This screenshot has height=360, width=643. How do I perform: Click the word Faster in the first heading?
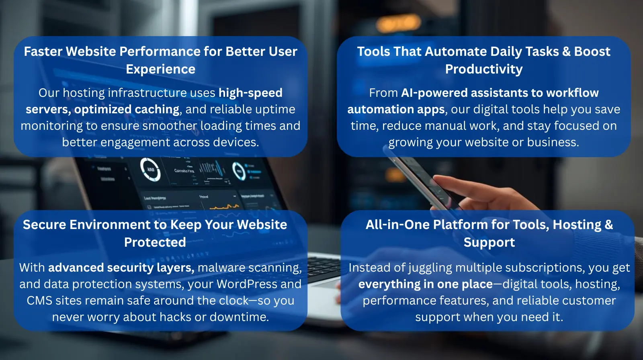(43, 52)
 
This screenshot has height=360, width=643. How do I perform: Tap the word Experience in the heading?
(160, 70)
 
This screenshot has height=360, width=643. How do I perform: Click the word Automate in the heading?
(456, 52)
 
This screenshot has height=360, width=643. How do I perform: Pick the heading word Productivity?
(484, 70)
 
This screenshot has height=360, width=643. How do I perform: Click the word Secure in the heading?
(45, 225)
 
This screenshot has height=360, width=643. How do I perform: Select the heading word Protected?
(155, 243)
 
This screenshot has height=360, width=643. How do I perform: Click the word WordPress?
(247, 284)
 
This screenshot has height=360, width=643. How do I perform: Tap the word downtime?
(239, 317)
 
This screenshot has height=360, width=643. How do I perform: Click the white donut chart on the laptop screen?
(150, 170)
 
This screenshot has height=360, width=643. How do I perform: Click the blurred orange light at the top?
(398, 23)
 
